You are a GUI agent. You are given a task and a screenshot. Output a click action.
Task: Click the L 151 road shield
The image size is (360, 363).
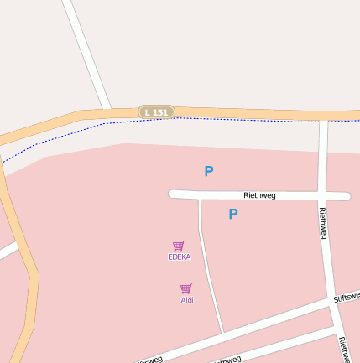click(156, 111)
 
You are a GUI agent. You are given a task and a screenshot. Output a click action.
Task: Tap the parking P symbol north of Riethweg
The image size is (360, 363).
click(209, 171)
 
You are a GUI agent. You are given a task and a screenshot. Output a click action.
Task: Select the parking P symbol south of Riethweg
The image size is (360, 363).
click(233, 214)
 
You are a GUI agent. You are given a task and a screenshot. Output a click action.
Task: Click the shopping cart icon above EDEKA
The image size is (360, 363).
click(179, 246)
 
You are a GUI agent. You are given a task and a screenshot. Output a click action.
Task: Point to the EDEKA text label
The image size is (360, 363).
click(179, 257)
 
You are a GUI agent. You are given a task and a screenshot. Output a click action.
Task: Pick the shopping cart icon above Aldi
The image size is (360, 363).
click(186, 288)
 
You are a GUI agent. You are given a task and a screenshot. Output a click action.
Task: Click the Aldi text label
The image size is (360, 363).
click(186, 299)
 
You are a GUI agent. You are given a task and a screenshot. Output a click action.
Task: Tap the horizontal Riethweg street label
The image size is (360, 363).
click(259, 195)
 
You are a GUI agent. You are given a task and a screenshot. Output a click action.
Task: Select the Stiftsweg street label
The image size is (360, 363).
click(347, 297)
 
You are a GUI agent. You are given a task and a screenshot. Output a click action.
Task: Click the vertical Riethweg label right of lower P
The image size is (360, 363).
click(323, 223)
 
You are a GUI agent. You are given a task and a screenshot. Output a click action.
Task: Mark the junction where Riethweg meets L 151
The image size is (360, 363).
click(323, 116)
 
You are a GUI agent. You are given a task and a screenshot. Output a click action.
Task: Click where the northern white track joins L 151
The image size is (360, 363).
click(108, 111)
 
